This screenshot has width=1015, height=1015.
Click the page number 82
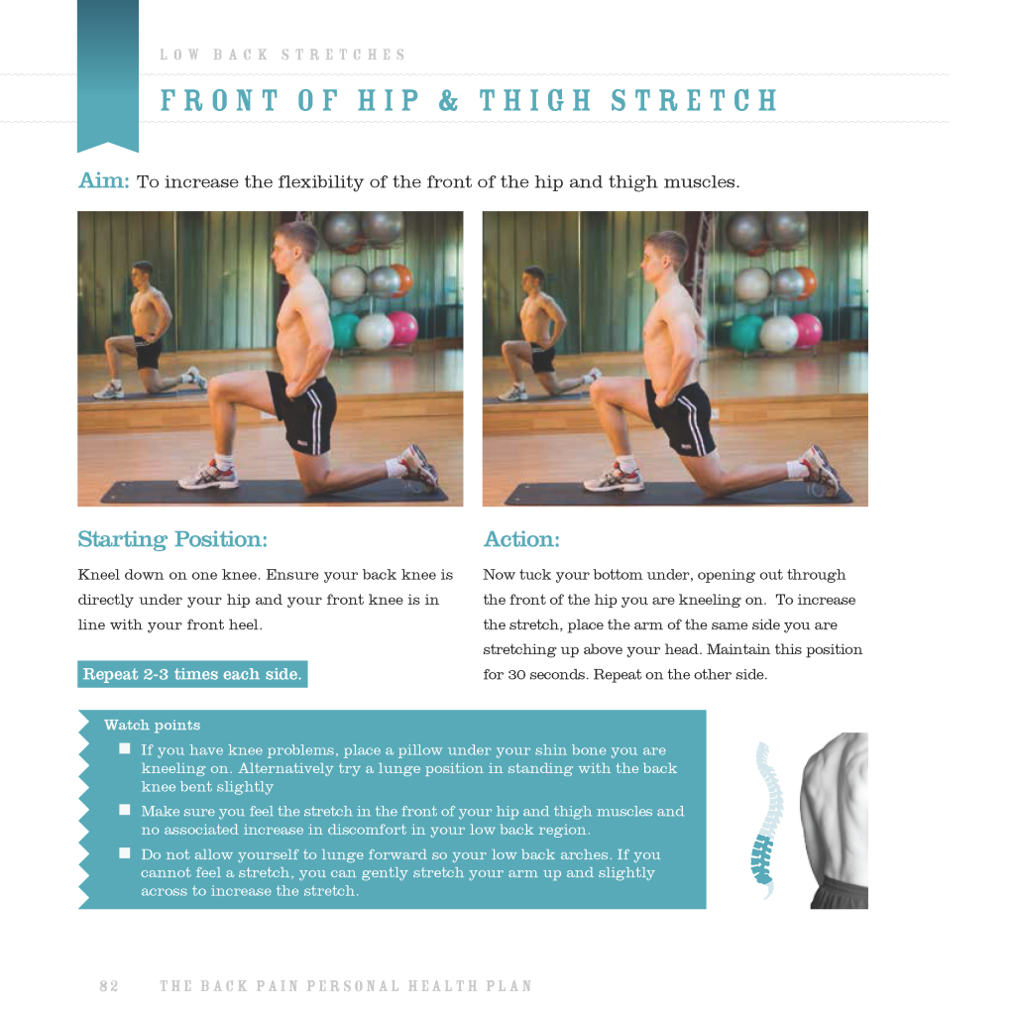pyautogui.click(x=109, y=986)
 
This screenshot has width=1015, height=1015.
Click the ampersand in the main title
pyautogui.click(x=448, y=100)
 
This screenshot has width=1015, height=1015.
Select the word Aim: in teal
pyautogui.click(x=103, y=180)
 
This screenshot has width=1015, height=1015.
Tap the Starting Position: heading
pyautogui.click(x=172, y=539)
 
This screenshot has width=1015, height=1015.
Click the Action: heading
pyautogui.click(x=521, y=539)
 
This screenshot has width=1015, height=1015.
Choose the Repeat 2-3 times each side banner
pyautogui.click(x=192, y=674)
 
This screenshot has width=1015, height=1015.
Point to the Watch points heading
pyautogui.click(x=152, y=725)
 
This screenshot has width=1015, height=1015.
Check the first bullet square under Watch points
pyautogui.click(x=125, y=749)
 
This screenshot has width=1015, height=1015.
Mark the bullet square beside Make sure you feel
pyautogui.click(x=125, y=810)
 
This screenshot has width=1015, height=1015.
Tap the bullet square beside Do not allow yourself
pyautogui.click(x=125, y=853)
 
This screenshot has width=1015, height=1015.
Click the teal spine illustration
pyautogui.click(x=767, y=819)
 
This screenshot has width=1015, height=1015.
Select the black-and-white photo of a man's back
pyautogui.click(x=835, y=820)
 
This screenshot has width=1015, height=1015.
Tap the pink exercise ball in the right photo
pyautogui.click(x=807, y=330)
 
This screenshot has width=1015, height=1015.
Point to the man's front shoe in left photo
pyautogui.click(x=208, y=477)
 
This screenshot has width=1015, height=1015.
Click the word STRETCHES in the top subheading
pyautogui.click(x=343, y=55)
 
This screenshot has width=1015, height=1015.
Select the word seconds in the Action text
pyautogui.click(x=558, y=674)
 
